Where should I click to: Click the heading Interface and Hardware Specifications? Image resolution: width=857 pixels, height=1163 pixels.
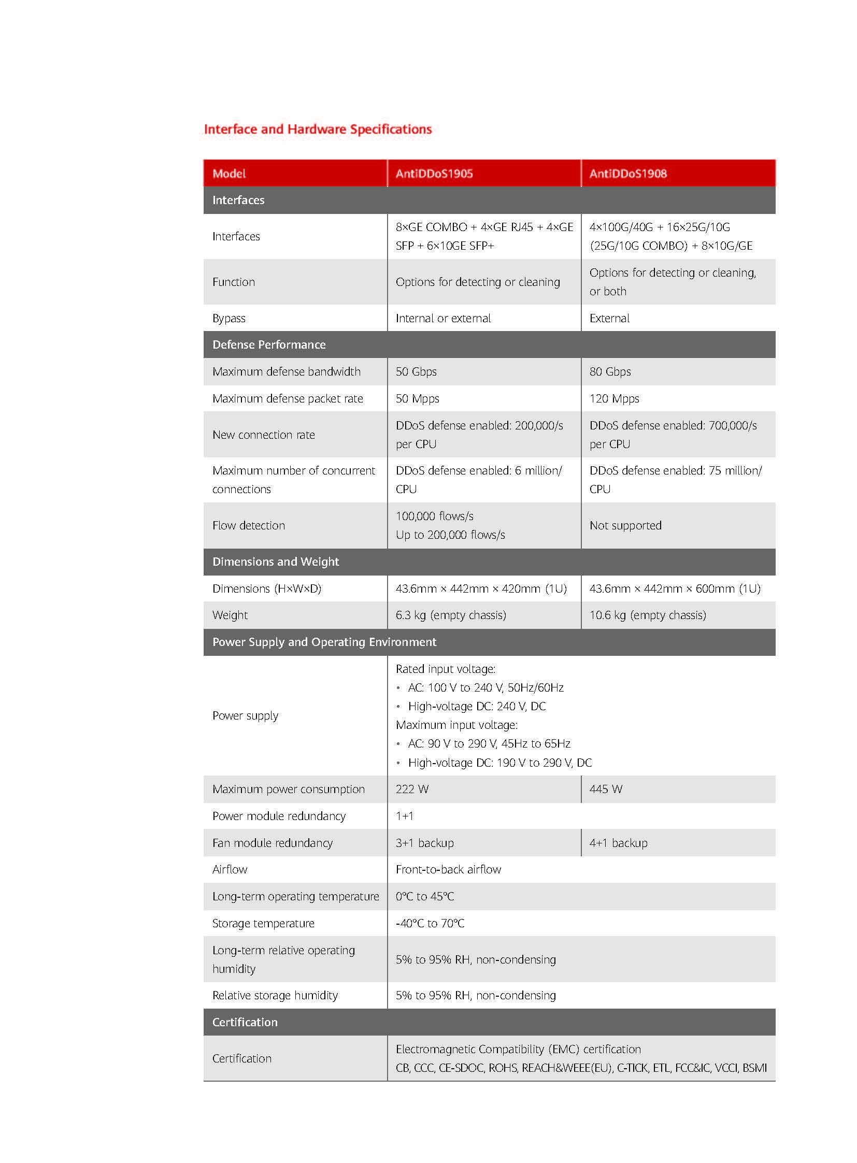click(318, 129)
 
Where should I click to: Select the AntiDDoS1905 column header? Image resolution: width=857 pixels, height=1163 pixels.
click(434, 174)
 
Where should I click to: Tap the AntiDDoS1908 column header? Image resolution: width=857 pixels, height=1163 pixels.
click(627, 174)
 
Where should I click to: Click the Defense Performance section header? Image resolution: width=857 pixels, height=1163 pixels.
click(269, 344)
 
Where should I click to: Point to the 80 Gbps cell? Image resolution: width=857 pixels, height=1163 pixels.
click(610, 371)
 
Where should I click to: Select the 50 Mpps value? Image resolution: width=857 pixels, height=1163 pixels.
click(417, 398)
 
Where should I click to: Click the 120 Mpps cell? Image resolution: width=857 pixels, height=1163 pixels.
click(614, 398)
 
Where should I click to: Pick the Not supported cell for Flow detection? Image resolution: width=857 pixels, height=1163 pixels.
click(625, 525)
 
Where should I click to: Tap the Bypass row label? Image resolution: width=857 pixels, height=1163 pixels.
click(229, 318)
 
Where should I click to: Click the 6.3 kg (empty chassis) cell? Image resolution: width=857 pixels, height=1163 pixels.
click(450, 615)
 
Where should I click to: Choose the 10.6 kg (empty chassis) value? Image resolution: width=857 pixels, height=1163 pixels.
click(648, 615)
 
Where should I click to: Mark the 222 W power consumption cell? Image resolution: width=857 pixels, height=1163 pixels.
click(412, 789)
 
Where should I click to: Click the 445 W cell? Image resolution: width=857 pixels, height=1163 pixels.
click(605, 789)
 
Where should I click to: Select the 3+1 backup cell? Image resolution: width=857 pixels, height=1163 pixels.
click(424, 843)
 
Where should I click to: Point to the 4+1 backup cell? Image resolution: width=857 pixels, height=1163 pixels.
click(618, 843)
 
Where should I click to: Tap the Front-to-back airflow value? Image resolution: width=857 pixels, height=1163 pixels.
click(448, 869)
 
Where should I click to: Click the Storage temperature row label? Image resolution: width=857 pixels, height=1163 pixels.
click(263, 923)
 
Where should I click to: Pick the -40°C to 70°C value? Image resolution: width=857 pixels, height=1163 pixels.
click(430, 923)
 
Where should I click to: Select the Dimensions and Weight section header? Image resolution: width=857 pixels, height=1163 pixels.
click(276, 562)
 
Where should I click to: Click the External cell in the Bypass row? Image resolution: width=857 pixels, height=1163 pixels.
click(609, 318)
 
